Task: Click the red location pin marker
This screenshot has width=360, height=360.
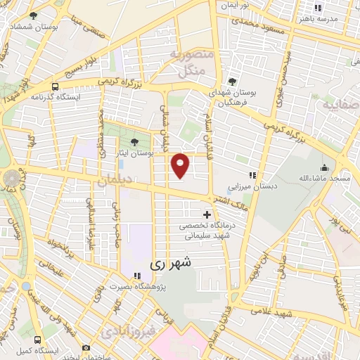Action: point(181,165)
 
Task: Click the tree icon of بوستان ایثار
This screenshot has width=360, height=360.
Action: point(134,143)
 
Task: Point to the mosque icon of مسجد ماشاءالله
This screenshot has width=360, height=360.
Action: point(324,167)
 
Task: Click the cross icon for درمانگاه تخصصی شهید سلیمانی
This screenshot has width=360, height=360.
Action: point(206,214)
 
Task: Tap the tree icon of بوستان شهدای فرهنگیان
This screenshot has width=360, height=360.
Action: point(232,81)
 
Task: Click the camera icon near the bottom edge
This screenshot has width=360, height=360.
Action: point(86,347)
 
